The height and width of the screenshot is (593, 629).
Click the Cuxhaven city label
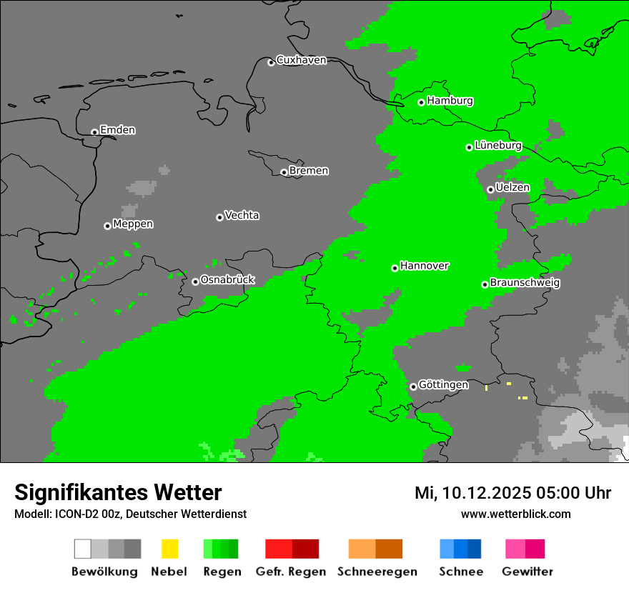pos(301,60)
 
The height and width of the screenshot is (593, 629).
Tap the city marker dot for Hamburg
pos(422,102)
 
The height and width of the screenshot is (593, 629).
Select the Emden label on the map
pos(117,130)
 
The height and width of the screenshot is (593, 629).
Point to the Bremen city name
pos(309,171)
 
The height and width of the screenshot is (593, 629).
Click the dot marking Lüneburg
pos(470,147)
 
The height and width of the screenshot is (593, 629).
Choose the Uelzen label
pos(512,188)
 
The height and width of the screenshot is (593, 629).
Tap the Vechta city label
pos(242,215)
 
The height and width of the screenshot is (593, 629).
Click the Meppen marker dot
pos(107,226)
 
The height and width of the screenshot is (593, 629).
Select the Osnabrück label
pos(227,280)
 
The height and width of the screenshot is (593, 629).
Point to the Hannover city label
pos(425,266)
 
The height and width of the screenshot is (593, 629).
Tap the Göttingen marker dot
pos(413,387)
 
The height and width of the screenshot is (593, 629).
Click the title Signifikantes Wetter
pos(118,492)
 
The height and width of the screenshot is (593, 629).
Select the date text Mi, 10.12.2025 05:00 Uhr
pos(512,493)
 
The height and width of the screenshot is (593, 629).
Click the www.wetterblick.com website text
pos(515,514)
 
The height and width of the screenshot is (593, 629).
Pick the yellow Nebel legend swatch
pos(169,549)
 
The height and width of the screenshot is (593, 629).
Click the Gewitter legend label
pos(527,572)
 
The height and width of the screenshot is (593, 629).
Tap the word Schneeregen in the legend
pos(377,572)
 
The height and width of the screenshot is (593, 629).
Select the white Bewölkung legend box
pos(83,549)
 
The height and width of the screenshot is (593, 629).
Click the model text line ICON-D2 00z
pos(130,514)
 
